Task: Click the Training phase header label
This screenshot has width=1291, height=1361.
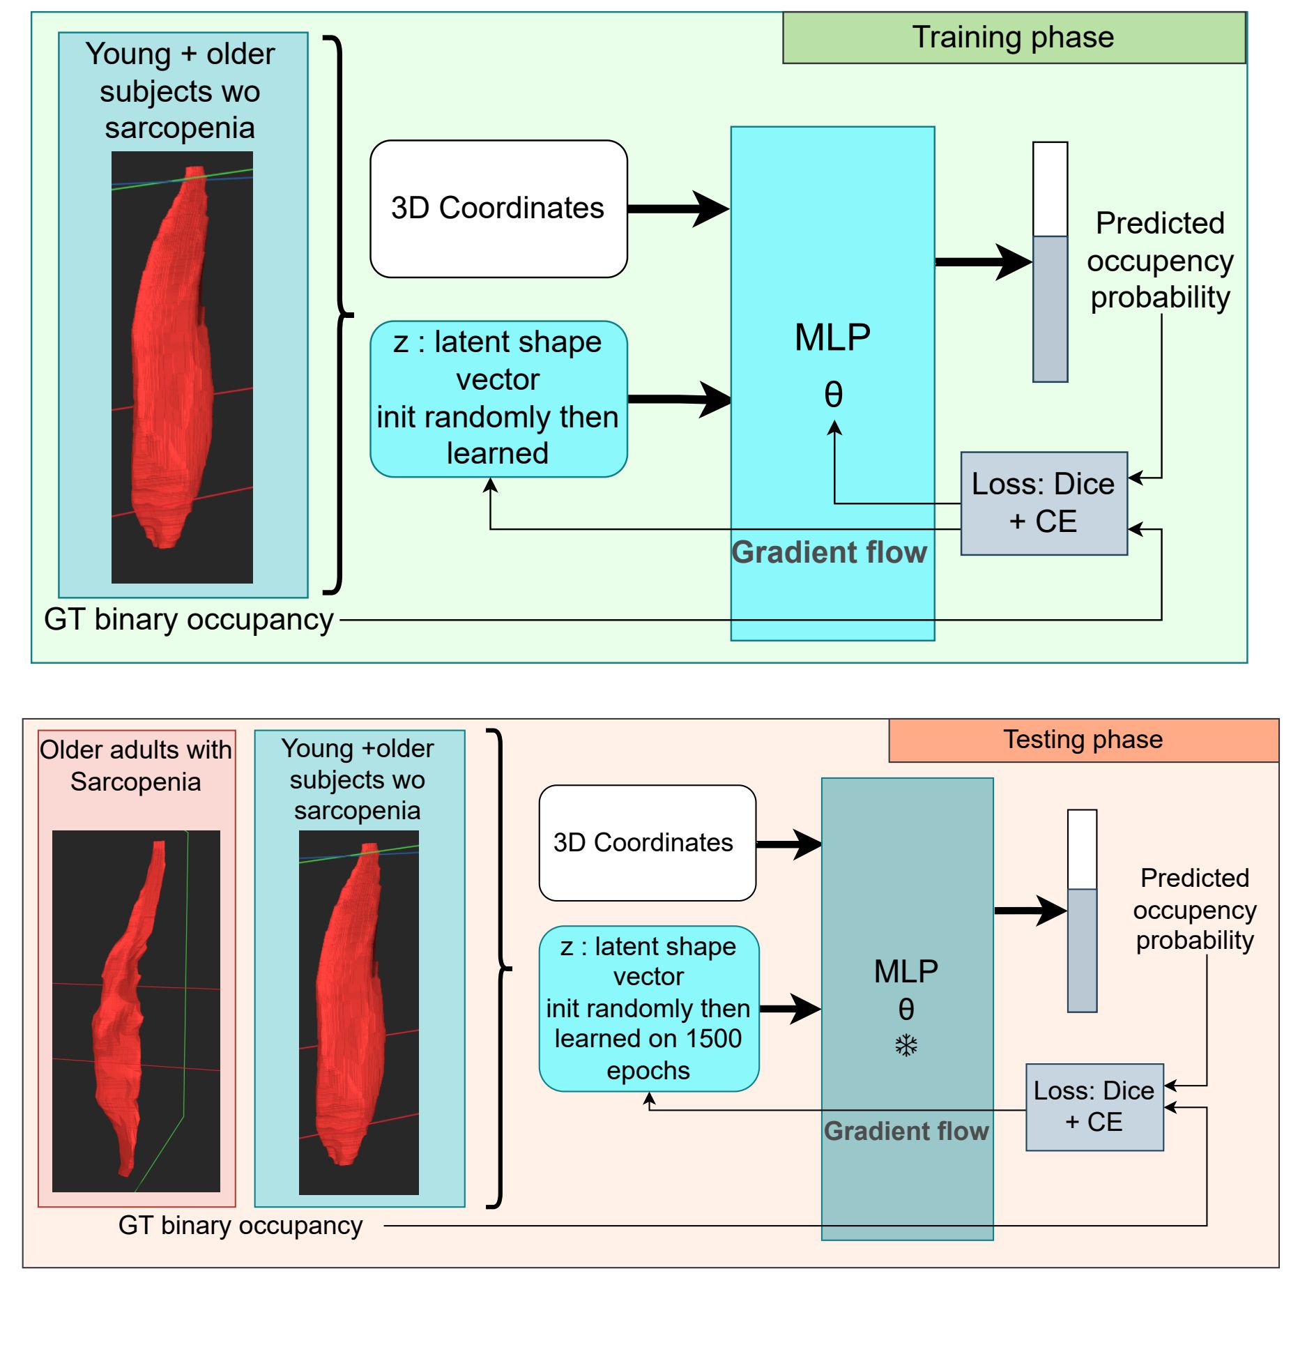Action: pos(1013,38)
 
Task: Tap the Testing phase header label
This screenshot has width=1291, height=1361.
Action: pos(1083,740)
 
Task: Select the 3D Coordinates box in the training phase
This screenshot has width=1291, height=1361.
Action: pos(498,208)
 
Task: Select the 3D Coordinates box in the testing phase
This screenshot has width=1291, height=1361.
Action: pos(646,843)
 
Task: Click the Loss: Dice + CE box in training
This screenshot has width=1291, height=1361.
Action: pos(1043,503)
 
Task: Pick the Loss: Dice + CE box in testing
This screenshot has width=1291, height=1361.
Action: pos(1094,1107)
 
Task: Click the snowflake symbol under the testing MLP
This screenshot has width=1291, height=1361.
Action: pos(906,1045)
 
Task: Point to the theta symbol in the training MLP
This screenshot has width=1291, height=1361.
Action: pos(834,395)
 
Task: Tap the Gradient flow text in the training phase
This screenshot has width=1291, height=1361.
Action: pos(829,552)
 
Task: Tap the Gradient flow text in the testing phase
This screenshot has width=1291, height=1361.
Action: pos(906,1131)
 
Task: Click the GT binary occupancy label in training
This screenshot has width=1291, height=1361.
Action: pos(188,620)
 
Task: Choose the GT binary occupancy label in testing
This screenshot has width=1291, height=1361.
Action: pos(240,1225)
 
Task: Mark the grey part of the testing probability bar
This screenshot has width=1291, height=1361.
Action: pos(1082,950)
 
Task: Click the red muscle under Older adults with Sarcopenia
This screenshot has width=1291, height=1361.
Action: pos(125,1011)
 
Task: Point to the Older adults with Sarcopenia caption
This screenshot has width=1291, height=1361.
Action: pos(136,766)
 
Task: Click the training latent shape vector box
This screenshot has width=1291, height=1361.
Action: pos(498,398)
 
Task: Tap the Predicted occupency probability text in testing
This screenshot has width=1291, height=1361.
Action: pos(1194,909)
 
